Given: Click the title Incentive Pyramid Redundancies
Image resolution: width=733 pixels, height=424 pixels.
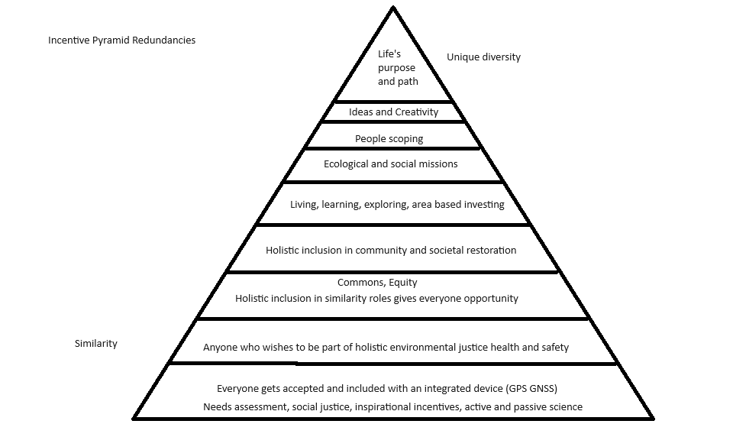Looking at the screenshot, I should click(121, 40).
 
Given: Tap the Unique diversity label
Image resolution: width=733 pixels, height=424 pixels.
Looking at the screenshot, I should click(483, 57).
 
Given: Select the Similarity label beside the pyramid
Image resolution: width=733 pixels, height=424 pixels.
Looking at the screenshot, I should click(96, 344).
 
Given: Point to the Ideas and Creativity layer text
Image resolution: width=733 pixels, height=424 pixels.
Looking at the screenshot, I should click(393, 112).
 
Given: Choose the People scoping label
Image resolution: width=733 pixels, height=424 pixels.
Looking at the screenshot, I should click(389, 139).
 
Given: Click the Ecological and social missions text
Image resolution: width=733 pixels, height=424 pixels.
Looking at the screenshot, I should click(390, 163).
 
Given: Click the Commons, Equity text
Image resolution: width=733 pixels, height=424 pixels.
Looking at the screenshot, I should click(377, 283).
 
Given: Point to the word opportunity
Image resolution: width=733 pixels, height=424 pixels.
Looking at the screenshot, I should click(490, 298).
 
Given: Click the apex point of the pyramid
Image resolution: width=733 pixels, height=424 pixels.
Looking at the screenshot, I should click(393, 8).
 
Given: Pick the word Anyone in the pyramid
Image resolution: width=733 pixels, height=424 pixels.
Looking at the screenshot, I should click(221, 347).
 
